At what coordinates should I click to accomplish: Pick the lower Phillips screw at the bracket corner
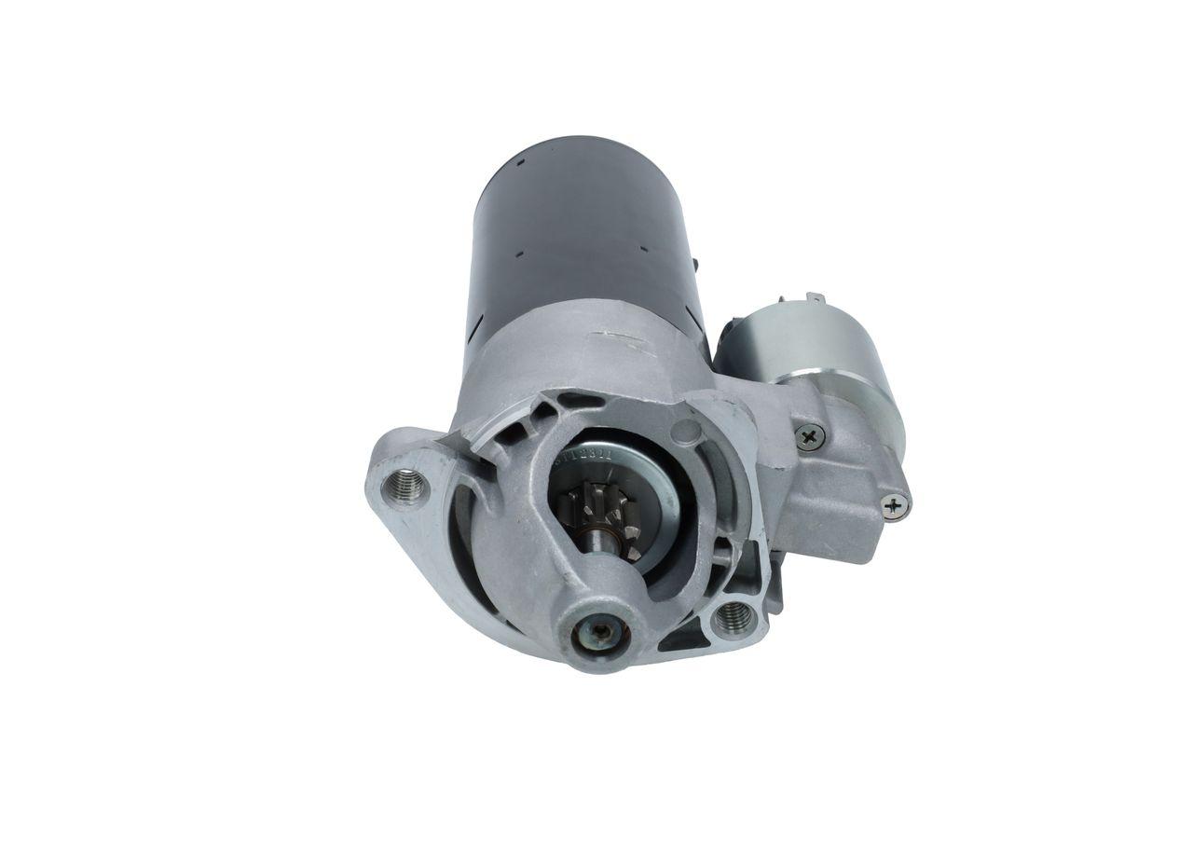(x=894, y=505)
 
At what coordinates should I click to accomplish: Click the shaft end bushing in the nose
(x=599, y=634)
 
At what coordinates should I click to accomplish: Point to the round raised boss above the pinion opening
(x=687, y=432)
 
